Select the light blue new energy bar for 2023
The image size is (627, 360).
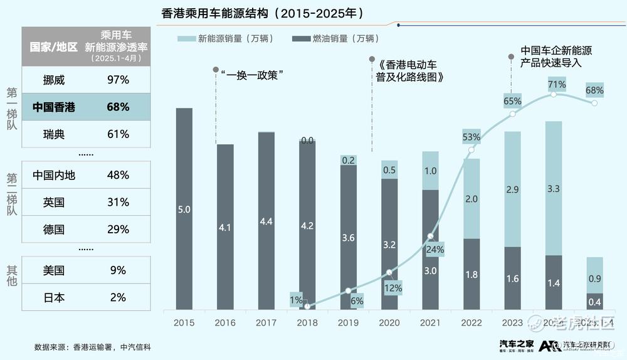click(512, 189)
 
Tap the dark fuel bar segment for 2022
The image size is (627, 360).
click(472, 274)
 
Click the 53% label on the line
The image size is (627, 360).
click(472, 137)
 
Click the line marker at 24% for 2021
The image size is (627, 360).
click(430, 236)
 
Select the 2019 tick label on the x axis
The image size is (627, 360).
click(348, 322)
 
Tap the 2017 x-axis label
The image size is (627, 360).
click(266, 322)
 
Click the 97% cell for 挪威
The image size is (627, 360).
click(118, 80)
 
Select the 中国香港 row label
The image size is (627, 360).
click(54, 107)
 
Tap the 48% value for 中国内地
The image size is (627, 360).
click(118, 176)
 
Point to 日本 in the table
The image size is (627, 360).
click(54, 298)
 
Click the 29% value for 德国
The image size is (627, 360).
click(118, 230)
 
